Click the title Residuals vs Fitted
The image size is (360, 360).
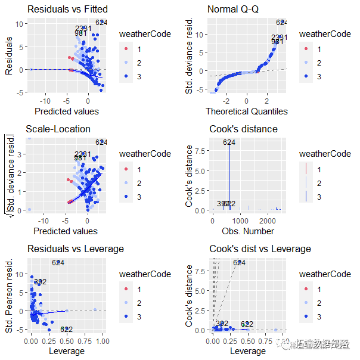tap(67, 9)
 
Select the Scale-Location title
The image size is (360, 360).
tap(58, 129)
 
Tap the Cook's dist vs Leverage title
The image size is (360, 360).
tap(260, 249)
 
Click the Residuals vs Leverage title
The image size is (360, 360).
tap(75, 249)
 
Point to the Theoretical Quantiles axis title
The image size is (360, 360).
tap(246, 111)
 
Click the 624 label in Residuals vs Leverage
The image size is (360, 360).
tap(58, 262)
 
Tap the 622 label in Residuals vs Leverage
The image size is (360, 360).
tap(66, 330)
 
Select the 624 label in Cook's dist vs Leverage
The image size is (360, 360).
tap(239, 262)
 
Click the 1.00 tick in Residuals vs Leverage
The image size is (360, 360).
tap(102, 342)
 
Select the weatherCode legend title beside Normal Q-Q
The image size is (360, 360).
tap(325, 34)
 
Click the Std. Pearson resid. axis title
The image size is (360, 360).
tap(10, 294)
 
